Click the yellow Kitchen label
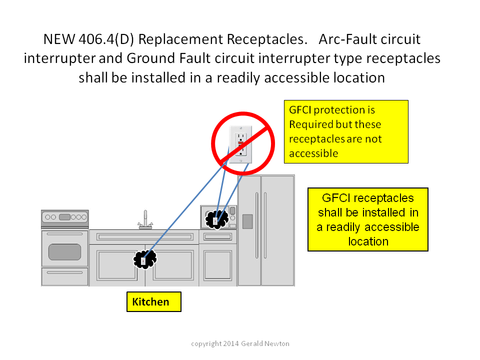click(x=153, y=301)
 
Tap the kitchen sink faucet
click(x=145, y=219)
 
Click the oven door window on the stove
click(x=64, y=252)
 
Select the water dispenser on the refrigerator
click(x=247, y=221)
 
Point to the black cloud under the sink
click(x=145, y=259)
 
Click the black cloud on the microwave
click(x=216, y=219)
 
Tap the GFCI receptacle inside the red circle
click(x=241, y=144)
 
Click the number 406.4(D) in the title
click(x=106, y=39)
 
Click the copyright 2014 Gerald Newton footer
click(x=240, y=343)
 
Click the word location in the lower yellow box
click(x=368, y=241)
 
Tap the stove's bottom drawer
click(x=64, y=276)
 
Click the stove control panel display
click(x=64, y=217)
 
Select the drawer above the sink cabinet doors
click(x=145, y=237)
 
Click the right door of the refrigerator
click(x=277, y=230)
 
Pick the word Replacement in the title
click(x=180, y=39)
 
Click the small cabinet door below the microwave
click(x=217, y=265)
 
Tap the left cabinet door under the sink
click(x=117, y=265)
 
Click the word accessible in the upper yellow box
click(x=314, y=153)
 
